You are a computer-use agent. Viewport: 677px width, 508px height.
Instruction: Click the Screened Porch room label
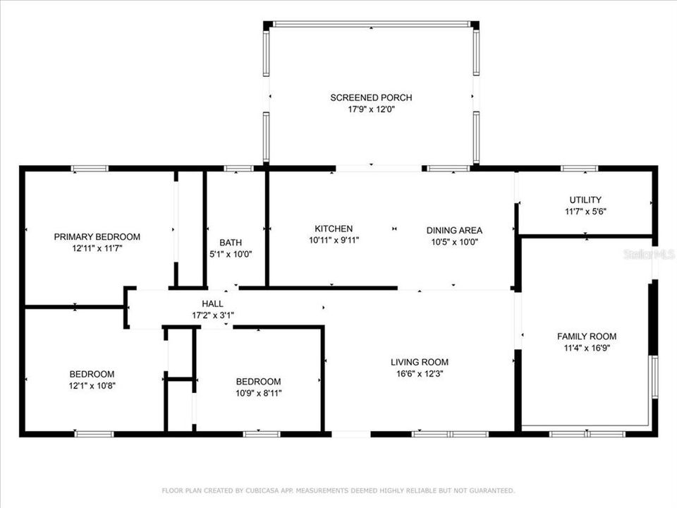pos(371,97)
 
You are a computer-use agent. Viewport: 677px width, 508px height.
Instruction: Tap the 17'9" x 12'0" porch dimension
pos(371,109)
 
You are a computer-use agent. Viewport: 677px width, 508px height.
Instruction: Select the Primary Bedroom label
pos(97,236)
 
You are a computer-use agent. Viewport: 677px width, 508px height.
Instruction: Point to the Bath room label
pos(231,242)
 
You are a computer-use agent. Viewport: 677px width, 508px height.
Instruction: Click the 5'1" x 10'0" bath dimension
pos(231,254)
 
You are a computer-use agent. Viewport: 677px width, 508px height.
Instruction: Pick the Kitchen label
pos(334,229)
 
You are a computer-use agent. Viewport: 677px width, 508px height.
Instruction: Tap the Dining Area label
pos(454,230)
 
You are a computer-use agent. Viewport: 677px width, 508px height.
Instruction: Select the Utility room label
pos(585,200)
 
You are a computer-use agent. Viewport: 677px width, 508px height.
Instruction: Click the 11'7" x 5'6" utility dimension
pos(585,211)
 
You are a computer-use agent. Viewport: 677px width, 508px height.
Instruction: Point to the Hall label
pos(212,303)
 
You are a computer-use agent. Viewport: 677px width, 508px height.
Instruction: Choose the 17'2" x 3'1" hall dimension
pos(212,315)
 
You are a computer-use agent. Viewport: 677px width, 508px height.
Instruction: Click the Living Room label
pos(420,362)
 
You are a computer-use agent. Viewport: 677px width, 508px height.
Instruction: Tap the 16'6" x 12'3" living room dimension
pos(420,374)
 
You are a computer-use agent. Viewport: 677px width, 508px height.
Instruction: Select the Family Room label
pos(587,336)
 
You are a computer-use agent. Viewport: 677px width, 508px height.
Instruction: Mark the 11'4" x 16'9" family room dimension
pos(587,348)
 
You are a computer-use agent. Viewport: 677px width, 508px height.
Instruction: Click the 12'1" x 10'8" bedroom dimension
pos(92,385)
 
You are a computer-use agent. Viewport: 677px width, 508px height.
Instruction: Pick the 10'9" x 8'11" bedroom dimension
pos(258,393)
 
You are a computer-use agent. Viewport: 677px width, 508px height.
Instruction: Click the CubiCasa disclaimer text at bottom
pos(338,490)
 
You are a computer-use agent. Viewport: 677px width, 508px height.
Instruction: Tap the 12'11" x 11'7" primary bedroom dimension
pos(97,248)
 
